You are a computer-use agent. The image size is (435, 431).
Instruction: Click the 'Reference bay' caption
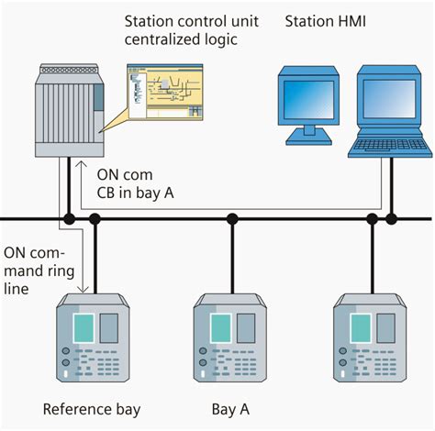pos(92,409)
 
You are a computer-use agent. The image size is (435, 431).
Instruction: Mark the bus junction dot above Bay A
pos(232,219)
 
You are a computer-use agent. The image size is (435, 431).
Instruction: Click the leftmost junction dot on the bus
pos(69,219)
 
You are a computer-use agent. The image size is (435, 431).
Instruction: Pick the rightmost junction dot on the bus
pos(392,219)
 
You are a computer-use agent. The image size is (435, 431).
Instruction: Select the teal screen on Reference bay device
pos(84,327)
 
